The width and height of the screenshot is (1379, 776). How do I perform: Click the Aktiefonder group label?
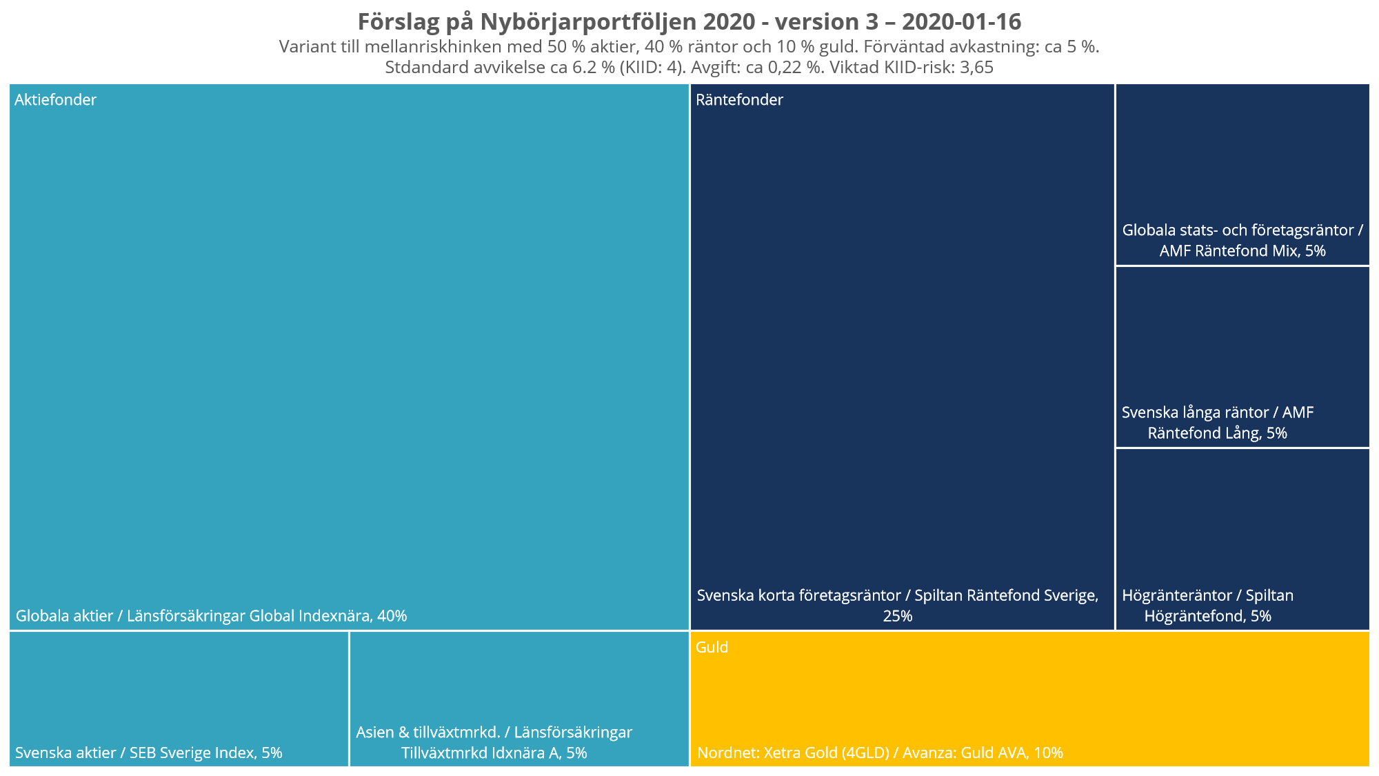coord(55,100)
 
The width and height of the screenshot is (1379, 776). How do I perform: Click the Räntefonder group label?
coord(739,100)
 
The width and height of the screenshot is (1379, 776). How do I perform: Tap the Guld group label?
coord(712,647)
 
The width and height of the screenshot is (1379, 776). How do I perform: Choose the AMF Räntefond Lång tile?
coord(1242,357)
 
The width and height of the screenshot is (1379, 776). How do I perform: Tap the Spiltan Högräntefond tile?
coord(1242,539)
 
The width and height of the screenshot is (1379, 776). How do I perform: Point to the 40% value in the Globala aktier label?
coord(392,616)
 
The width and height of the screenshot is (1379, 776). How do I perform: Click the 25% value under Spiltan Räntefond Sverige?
coord(897,616)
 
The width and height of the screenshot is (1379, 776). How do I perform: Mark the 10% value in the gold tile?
coord(1048,753)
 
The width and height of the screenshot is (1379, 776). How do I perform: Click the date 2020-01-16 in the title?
coord(961,22)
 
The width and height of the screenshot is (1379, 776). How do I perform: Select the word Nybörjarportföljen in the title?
coord(589,22)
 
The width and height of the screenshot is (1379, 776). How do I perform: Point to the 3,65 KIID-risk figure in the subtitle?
coord(976,68)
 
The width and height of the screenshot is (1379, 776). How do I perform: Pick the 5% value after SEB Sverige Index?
coord(272,753)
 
